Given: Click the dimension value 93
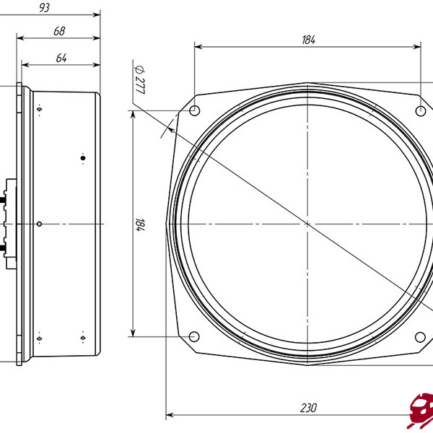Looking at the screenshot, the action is point(44,8).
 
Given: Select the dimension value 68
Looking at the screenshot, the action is point(59,31).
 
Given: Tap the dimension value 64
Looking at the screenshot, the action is point(61,58).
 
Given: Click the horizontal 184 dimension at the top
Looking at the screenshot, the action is point(308,40).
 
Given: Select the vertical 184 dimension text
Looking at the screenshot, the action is point(140,224).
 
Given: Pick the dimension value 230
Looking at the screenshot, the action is point(308,408).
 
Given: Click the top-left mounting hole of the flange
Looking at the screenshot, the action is point(194,110).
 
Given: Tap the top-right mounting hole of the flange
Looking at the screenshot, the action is point(421,110).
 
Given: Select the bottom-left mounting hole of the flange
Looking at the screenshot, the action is point(194,337).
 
